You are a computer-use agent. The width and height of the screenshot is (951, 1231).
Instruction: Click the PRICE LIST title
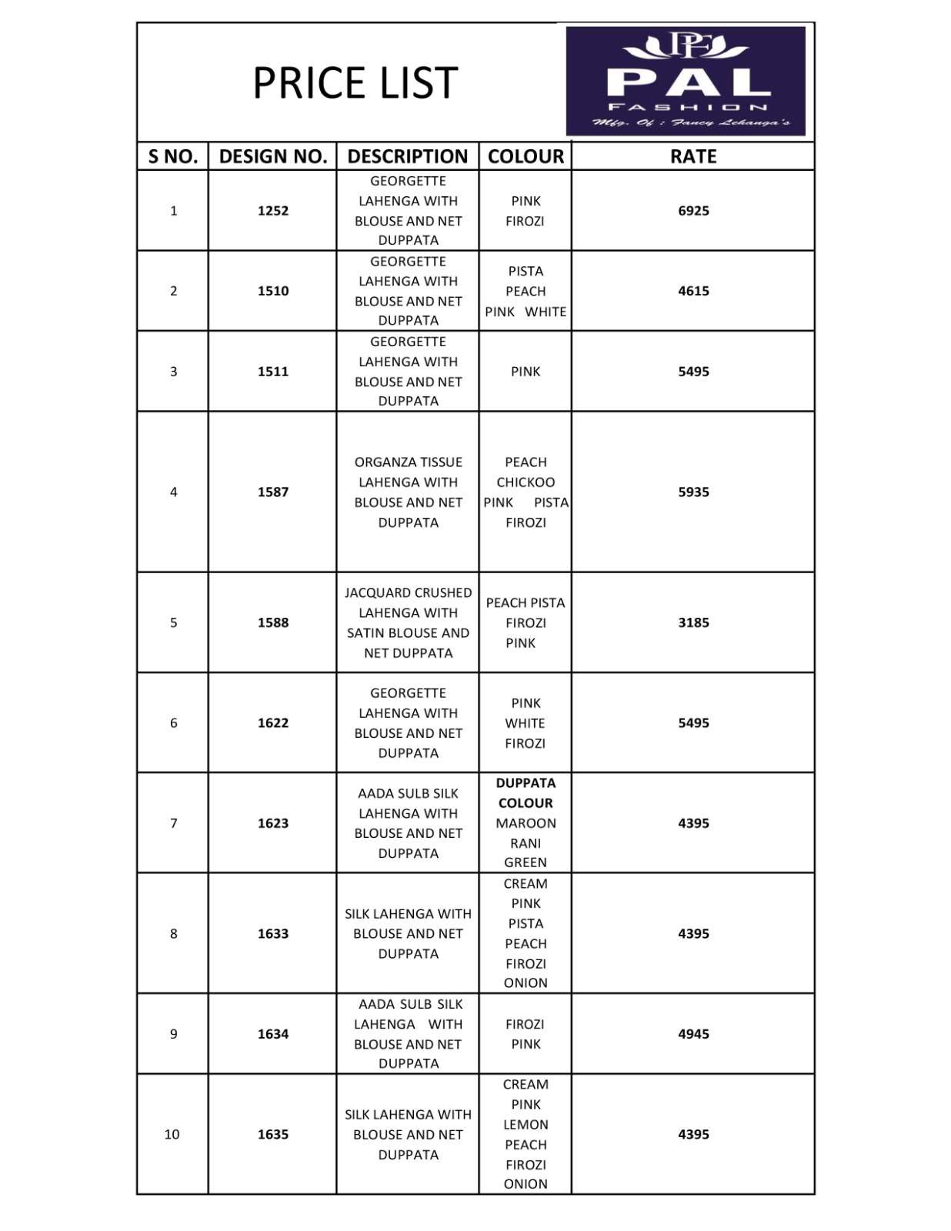point(355,83)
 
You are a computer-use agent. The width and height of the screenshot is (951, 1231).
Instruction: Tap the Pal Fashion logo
point(685,81)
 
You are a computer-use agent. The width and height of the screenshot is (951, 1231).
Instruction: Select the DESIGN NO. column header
point(272,156)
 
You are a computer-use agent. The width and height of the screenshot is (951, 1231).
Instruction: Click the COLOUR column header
point(526,156)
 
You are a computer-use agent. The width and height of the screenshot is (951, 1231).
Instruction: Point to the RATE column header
point(692,156)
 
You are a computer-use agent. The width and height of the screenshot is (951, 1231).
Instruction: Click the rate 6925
point(692,211)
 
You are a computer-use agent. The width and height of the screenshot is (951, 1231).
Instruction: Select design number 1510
point(272,291)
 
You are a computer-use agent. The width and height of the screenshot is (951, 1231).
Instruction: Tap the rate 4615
point(692,291)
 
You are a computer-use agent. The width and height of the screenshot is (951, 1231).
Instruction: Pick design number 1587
point(272,492)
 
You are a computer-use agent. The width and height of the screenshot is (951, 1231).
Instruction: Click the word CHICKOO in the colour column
point(526,482)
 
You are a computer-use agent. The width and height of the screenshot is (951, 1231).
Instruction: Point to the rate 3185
point(692,622)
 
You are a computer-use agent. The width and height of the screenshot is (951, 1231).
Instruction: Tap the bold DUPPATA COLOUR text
point(526,793)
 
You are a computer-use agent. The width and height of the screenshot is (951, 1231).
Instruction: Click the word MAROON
point(526,823)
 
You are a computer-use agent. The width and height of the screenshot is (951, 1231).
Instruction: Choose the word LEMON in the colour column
point(526,1125)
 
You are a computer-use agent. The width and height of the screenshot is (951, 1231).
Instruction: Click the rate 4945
point(692,1034)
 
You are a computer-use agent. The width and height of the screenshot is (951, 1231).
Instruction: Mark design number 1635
point(272,1134)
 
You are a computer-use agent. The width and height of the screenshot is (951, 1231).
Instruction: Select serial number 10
point(172,1134)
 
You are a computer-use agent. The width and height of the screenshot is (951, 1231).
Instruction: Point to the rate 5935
point(692,492)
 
